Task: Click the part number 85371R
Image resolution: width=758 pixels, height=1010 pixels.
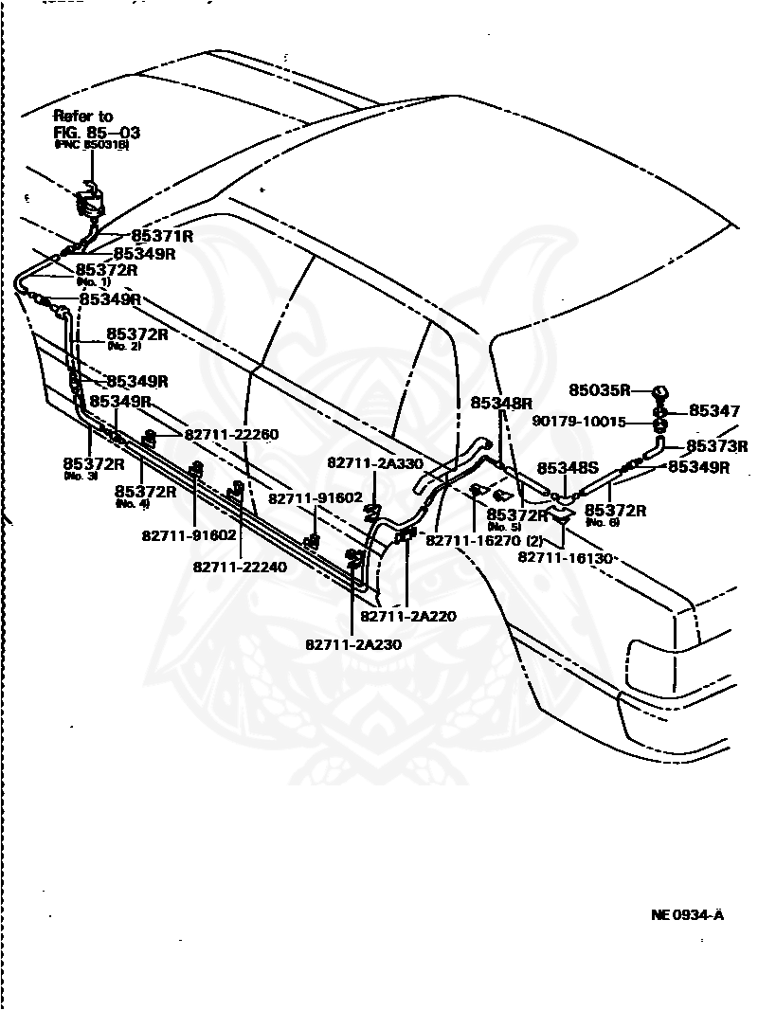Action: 162,236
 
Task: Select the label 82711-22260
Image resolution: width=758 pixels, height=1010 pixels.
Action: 231,434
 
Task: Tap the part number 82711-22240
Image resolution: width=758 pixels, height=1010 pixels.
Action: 241,567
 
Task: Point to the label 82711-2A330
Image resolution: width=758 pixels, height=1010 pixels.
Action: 375,462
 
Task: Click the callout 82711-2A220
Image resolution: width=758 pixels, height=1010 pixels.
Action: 412,616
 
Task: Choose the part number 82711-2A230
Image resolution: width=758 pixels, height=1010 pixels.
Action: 353,644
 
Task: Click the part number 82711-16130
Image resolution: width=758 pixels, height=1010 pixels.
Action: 567,557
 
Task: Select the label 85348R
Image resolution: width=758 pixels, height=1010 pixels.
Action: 502,403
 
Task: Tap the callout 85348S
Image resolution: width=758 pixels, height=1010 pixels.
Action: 568,468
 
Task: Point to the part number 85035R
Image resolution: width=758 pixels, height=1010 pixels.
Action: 600,389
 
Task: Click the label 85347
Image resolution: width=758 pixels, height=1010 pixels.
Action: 714,411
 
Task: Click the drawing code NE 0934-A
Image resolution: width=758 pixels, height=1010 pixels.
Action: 687,915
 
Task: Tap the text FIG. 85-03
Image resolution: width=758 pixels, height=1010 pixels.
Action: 96,132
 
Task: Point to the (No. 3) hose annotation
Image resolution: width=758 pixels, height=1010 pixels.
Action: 81,476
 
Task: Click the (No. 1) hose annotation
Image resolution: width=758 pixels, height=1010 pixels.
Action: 93,281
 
